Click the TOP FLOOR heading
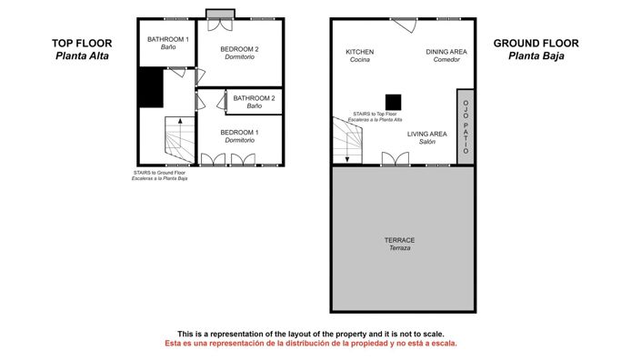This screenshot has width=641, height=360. coord(81,43)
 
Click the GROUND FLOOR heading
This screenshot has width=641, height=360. coord(536,43)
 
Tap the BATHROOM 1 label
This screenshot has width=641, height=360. coord(168,39)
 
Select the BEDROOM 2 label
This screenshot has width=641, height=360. coord(240,49)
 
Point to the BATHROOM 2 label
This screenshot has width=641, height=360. coord(254,98)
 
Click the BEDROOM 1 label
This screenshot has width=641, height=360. coord(239,133)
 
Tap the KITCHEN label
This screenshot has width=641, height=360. coord(359,52)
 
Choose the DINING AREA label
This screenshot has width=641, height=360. coord(446,52)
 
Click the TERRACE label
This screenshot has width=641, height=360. coord(400,240)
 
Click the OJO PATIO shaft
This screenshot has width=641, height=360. coord(466,126)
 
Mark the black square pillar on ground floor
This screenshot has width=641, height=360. coord(393,102)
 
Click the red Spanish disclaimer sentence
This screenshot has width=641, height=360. coord(310,344)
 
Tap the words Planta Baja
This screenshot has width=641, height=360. coord(536,55)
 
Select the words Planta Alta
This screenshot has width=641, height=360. coord(81,55)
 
